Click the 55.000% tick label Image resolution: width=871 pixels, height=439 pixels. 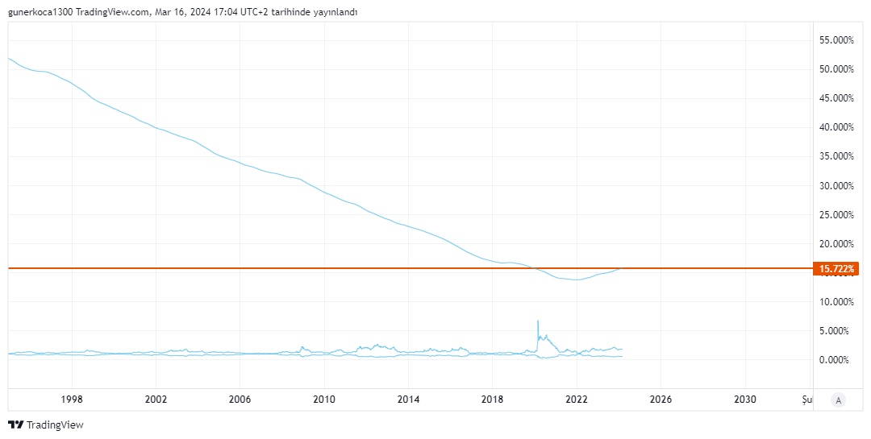[836, 39]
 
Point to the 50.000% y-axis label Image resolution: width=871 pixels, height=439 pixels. [836, 69]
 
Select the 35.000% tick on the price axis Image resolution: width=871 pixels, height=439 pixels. [836, 156]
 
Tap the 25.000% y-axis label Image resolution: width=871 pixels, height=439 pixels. [836, 215]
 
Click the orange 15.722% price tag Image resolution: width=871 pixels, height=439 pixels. [836, 268]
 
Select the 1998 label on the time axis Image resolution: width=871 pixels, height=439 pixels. [72, 399]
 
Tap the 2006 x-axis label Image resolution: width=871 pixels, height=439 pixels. [240, 399]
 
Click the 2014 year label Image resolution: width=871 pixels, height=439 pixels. [409, 399]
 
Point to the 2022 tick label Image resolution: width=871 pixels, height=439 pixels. [577, 399]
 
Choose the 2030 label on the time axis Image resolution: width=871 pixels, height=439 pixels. [745, 399]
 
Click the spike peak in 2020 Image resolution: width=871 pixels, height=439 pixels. [538, 321]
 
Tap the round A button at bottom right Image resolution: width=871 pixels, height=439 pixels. [839, 400]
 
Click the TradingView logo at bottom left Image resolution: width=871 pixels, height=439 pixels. [46, 425]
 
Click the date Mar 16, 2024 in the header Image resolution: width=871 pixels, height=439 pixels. [189, 12]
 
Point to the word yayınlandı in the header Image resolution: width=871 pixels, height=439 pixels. [333, 12]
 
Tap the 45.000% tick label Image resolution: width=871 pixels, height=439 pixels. [836, 98]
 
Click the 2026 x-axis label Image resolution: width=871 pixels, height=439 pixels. [661, 399]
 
